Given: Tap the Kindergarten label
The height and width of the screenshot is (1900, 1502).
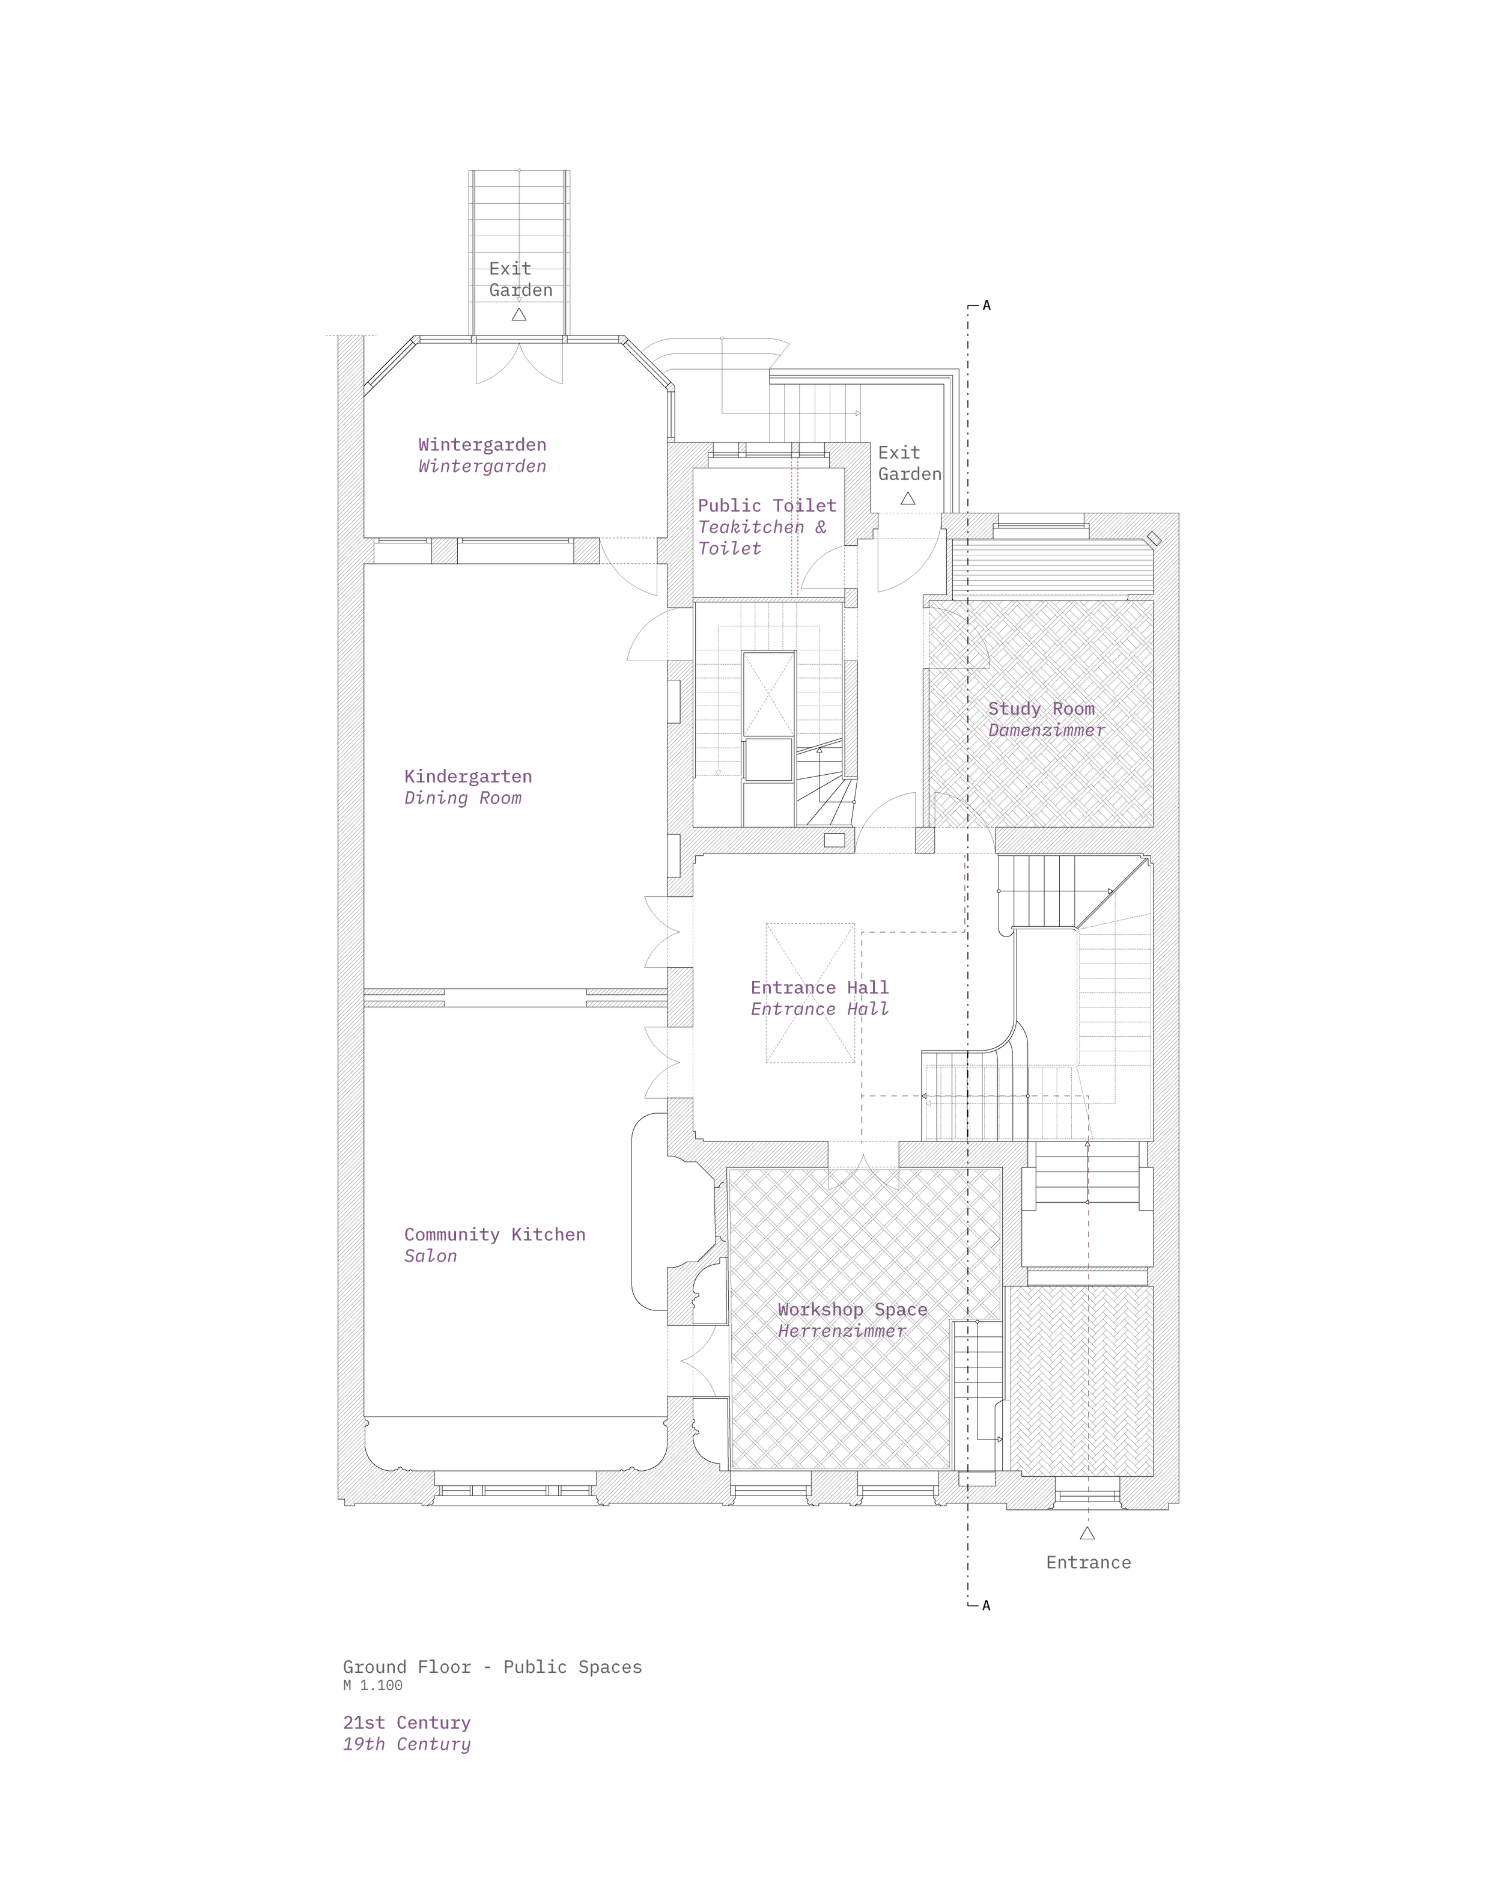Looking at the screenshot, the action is (x=468, y=776).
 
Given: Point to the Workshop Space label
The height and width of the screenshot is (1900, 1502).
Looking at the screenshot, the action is (x=852, y=1309).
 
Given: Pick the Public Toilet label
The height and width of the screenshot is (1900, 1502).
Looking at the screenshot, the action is (x=767, y=505).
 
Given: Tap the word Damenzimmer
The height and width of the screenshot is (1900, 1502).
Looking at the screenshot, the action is (x=1047, y=730).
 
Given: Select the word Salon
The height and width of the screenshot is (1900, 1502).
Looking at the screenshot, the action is (x=430, y=1256).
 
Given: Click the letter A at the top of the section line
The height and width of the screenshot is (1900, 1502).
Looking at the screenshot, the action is (x=987, y=305).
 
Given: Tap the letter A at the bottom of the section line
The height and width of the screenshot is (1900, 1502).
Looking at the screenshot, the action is (x=987, y=1605).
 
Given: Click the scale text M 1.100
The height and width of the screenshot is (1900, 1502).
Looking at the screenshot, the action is (x=373, y=1685).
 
